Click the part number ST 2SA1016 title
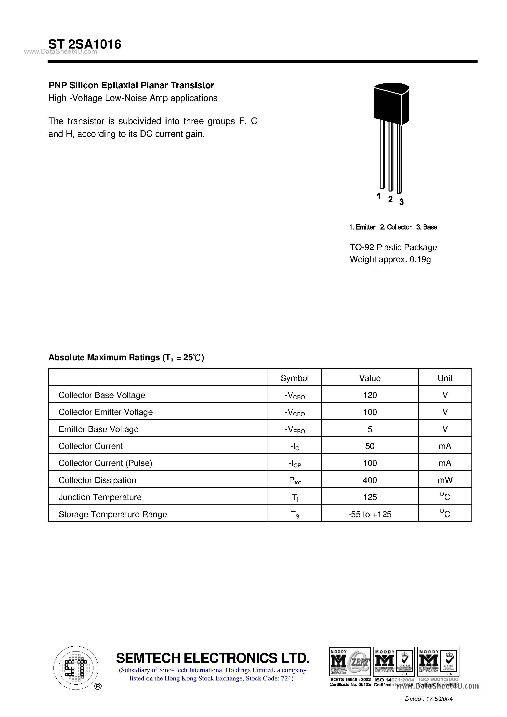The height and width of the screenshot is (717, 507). point(85,44)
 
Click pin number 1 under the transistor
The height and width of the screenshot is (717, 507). point(379,196)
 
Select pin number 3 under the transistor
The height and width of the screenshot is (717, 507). point(402,202)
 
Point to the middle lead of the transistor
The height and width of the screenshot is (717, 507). point(390,156)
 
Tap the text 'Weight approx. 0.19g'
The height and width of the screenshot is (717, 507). point(390,259)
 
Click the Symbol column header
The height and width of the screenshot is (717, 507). point(294,378)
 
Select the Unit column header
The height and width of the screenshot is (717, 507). point(445,378)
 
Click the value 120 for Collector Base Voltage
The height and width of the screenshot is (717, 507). point(370,395)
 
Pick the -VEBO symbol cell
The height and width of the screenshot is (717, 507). point(294,429)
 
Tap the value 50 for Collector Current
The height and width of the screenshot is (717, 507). point(370,446)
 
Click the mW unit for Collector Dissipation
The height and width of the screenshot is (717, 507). point(445,480)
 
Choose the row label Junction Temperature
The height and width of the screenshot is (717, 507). point(100,497)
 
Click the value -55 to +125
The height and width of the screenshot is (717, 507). point(370,514)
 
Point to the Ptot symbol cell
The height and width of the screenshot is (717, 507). point(294,481)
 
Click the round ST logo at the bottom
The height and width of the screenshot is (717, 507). point(76,668)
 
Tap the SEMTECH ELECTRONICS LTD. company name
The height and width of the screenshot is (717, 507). point(213,658)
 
